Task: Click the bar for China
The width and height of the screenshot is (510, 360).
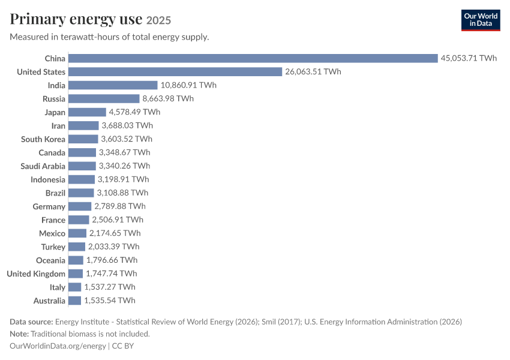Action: tap(253, 58)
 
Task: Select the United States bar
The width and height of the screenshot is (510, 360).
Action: tap(175, 71)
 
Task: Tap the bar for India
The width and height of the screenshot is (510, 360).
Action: tap(113, 85)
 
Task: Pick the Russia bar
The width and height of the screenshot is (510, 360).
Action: tap(104, 98)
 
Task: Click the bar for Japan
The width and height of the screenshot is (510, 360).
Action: tap(87, 112)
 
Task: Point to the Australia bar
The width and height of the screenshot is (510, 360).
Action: tap(75, 301)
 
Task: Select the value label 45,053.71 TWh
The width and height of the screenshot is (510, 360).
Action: tap(469, 58)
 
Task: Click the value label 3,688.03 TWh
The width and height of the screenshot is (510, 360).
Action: tap(127, 125)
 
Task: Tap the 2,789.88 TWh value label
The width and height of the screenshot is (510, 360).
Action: tap(120, 206)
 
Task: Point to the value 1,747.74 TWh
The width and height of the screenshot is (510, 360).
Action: tap(111, 274)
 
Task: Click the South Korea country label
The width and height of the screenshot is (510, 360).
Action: tap(43, 139)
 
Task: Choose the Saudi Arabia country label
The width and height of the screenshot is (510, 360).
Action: tap(43, 166)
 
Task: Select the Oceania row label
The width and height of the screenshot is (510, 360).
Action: tap(51, 260)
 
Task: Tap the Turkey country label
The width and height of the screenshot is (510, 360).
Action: tap(53, 247)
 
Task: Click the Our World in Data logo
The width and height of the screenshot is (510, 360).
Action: tap(481, 20)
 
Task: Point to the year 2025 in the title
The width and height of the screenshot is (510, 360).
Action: tap(158, 20)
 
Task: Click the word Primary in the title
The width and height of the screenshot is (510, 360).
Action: tap(38, 19)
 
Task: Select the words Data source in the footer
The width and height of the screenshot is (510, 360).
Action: tap(31, 322)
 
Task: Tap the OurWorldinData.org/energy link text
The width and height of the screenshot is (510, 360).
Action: tap(58, 346)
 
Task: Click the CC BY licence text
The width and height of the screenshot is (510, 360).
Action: tap(122, 346)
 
